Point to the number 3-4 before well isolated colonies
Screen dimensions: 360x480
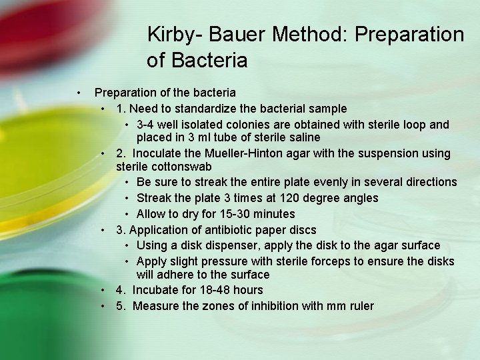point(147,125)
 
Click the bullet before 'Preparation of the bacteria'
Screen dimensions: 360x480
point(78,93)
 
